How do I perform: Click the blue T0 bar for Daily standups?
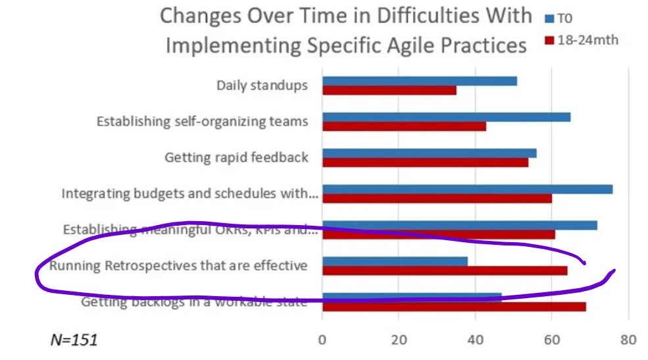coord(419,81)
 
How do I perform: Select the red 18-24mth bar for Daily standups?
coord(389,90)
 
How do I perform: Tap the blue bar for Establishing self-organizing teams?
coord(446,117)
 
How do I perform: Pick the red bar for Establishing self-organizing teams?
coord(404,126)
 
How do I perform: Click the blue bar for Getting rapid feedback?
coord(429,153)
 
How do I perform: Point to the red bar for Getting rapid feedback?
coord(425,163)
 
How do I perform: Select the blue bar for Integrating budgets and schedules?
coord(467,190)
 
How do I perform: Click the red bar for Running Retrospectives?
coord(444,270)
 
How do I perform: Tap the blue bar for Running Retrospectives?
coord(395,261)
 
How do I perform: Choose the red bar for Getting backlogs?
coord(453,307)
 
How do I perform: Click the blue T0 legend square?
coord(548,18)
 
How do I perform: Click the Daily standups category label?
coord(262,86)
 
